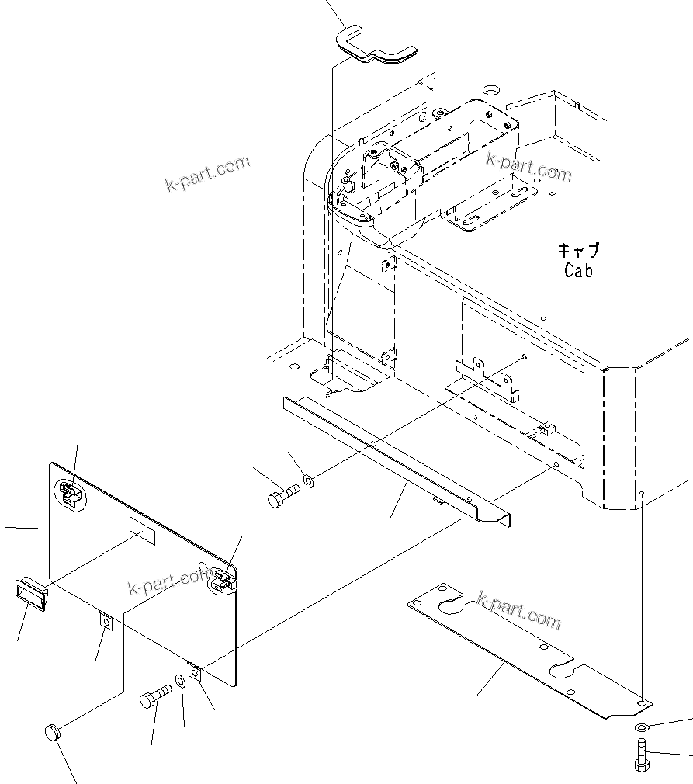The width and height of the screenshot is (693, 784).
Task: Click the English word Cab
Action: (578, 271)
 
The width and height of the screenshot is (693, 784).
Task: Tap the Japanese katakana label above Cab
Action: (579, 251)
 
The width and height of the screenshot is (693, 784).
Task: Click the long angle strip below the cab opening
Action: (396, 458)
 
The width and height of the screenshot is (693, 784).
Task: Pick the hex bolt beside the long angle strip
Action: (282, 496)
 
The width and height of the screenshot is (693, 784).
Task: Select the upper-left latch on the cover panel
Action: (69, 493)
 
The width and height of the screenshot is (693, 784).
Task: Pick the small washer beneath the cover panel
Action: (180, 682)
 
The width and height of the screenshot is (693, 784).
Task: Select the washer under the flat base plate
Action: (641, 727)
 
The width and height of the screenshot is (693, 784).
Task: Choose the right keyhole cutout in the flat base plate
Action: (564, 667)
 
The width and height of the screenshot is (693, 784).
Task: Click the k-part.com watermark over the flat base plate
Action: (518, 610)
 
